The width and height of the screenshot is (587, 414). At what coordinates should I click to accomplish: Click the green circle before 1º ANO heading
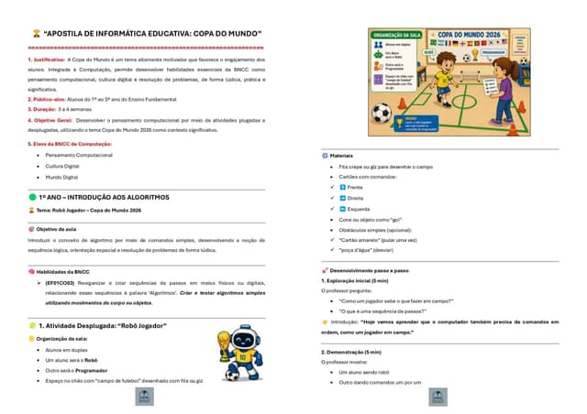[33, 197]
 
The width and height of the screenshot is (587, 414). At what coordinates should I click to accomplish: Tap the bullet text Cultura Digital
[62, 166]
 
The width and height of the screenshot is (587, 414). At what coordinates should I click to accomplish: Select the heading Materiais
[341, 156]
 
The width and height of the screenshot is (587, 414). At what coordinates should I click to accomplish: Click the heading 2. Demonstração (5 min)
[351, 352]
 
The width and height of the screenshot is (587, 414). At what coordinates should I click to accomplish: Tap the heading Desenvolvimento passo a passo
[369, 271]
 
